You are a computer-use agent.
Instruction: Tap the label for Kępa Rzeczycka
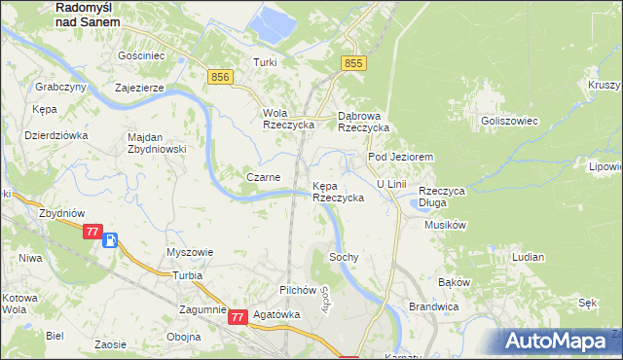click(338, 191)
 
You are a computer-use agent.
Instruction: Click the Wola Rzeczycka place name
click(288, 119)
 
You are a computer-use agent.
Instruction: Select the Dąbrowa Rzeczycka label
click(363, 121)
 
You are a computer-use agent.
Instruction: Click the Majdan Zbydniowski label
click(157, 143)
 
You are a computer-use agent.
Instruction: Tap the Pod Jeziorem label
click(399, 157)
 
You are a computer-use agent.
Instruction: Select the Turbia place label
click(186, 275)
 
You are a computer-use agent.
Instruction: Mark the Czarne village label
click(263, 177)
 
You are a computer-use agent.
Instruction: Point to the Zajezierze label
click(144, 87)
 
